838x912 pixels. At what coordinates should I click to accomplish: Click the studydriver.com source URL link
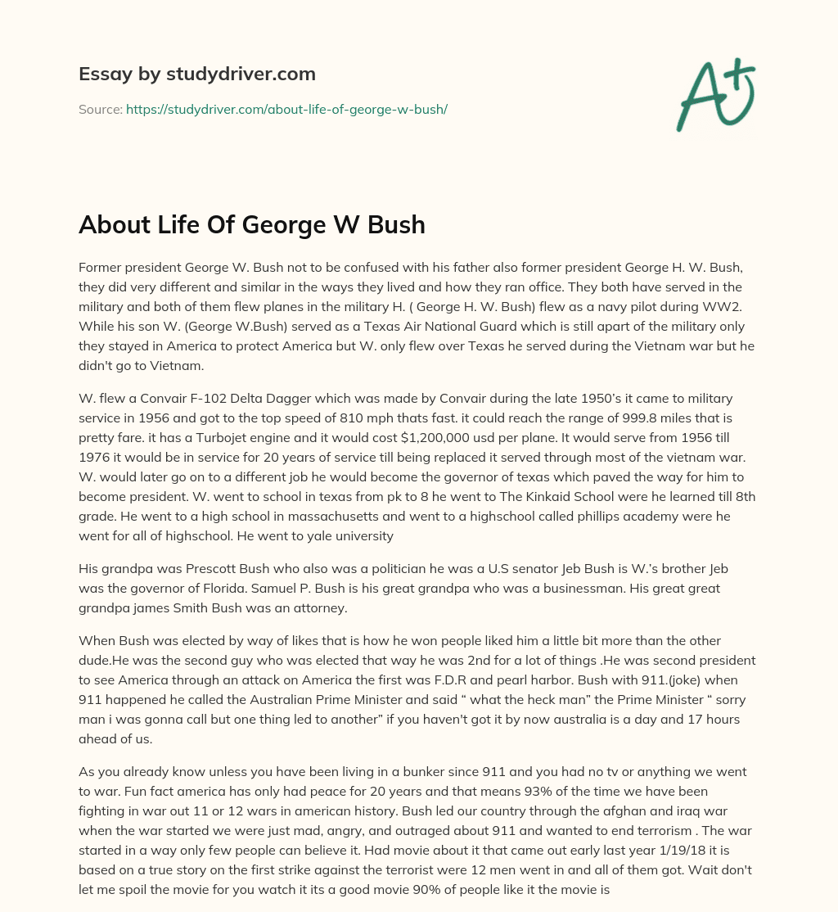pyautogui.click(x=286, y=109)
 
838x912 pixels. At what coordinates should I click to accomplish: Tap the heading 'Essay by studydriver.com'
pyautogui.click(x=197, y=74)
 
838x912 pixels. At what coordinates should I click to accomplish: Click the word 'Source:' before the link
pyautogui.click(x=100, y=109)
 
